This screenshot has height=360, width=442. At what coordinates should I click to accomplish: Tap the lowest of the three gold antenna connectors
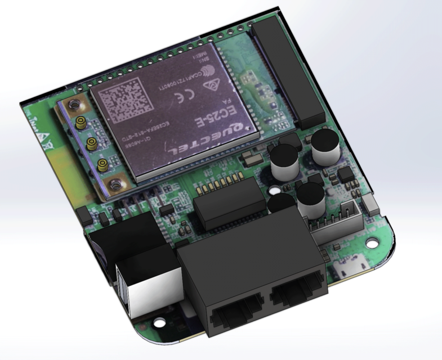tap(102, 165)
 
